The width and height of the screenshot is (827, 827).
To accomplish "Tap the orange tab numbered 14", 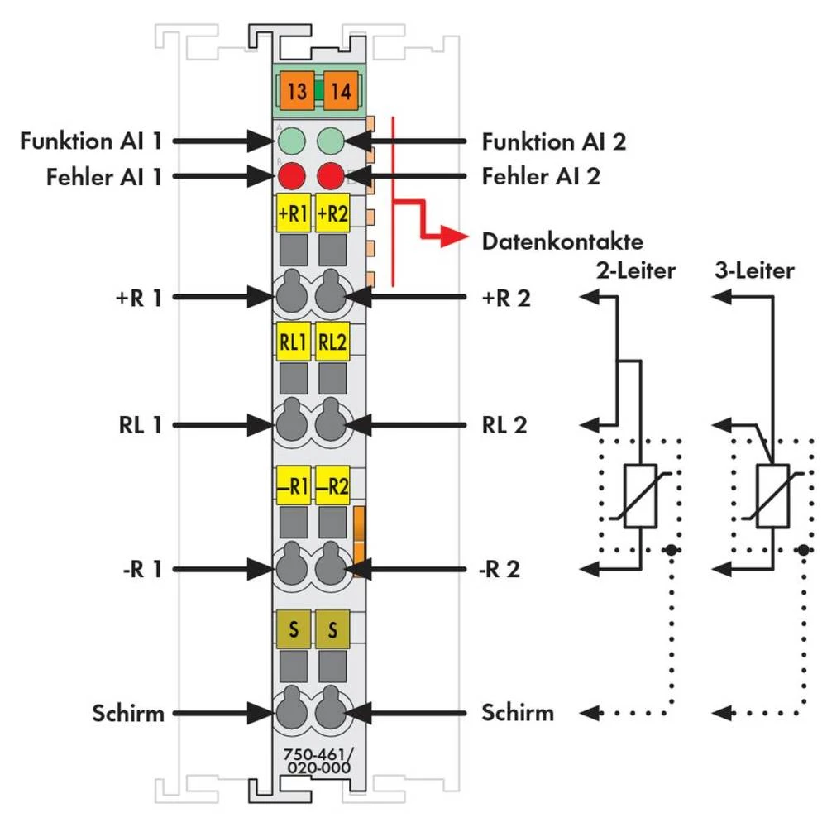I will coord(339,90).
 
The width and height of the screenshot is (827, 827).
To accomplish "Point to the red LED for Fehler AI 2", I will coord(332,176).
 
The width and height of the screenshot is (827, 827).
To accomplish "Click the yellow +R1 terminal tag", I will coord(294,213).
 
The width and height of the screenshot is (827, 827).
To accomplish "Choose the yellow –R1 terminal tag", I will coord(294,487).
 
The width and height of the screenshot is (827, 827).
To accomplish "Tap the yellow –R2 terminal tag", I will coord(332,487).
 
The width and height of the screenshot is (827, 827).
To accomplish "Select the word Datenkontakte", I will coord(562,242).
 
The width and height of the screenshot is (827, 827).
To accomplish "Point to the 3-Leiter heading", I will coord(753,270).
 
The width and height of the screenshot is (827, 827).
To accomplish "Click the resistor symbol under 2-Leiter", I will coord(640,496).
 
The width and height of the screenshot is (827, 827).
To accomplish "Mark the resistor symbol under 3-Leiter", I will coord(772,496).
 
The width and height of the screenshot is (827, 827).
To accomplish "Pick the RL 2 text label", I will coord(504,425).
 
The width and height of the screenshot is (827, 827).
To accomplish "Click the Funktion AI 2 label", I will coord(554,141).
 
